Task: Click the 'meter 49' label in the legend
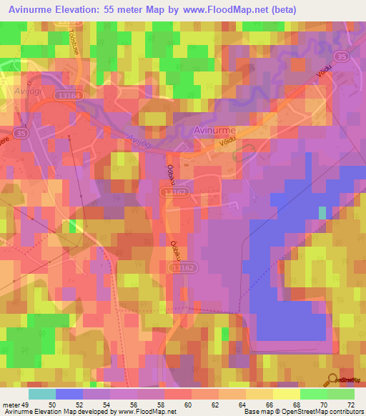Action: (x=16, y=404)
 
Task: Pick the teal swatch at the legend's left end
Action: (x=42, y=394)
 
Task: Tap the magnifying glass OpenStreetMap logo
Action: (x=333, y=380)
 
